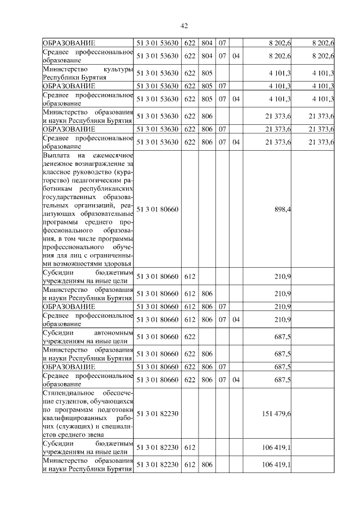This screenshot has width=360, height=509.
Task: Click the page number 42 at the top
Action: point(183,26)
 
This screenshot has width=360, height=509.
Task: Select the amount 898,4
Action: point(282,209)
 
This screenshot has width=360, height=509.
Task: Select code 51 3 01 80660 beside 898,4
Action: point(157,209)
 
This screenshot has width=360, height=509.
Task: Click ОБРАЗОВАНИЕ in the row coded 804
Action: point(69,43)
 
